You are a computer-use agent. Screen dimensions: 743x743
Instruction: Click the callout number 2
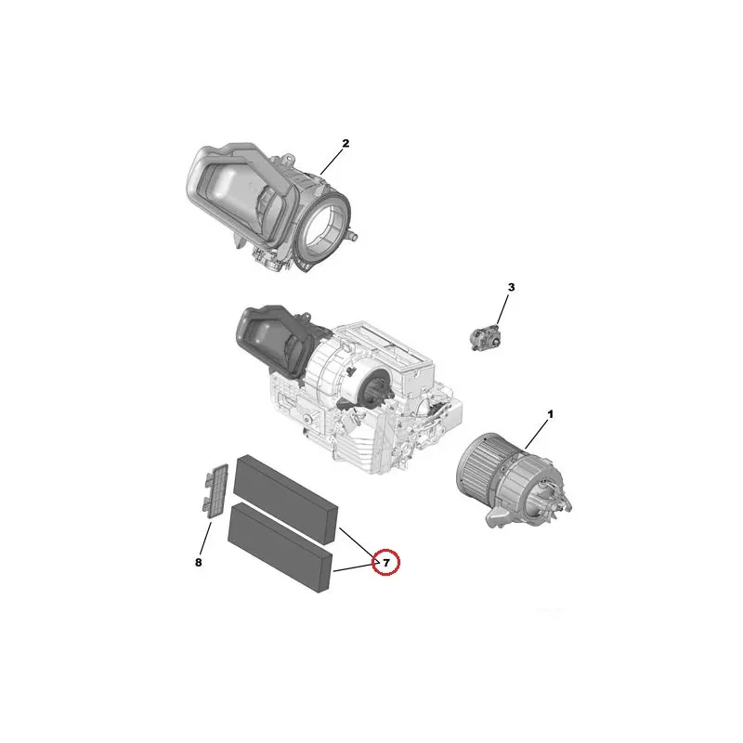coord(345,143)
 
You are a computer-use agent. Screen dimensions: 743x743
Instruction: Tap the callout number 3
coord(511,287)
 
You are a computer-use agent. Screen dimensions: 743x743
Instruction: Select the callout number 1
coord(550,414)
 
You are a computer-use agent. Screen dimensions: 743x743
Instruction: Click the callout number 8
coord(198,563)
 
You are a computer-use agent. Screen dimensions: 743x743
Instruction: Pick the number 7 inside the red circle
coord(386,563)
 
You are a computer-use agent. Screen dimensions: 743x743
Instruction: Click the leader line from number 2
coord(331,163)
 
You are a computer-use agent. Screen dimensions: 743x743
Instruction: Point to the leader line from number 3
coord(502,309)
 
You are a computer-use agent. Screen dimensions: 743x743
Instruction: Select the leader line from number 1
coord(537,435)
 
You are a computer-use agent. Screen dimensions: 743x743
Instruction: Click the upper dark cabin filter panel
coord(287,499)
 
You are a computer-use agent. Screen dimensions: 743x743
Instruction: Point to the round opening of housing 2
coord(325,228)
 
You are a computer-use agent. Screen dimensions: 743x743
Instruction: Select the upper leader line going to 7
coord(358,542)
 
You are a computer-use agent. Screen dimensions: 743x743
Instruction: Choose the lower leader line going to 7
coord(354,567)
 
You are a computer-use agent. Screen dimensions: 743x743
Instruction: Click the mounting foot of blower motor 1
coord(499,519)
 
